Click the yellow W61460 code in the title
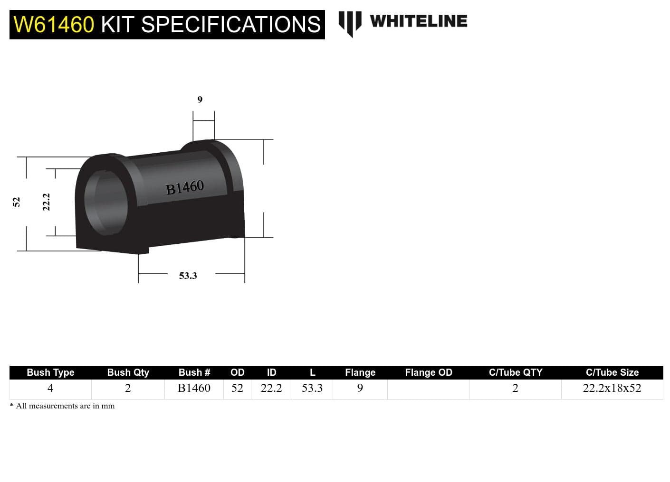pyautogui.click(x=54, y=25)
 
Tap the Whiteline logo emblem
pyautogui.click(x=350, y=23)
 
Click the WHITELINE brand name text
pyautogui.click(x=418, y=21)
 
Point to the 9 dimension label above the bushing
pyautogui.click(x=200, y=100)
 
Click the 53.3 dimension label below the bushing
pyautogui.click(x=188, y=276)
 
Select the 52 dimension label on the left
pyautogui.click(x=16, y=202)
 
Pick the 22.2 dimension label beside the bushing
pyautogui.click(x=46, y=202)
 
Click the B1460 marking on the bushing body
pyautogui.click(x=185, y=187)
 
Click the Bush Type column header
pyautogui.click(x=50, y=372)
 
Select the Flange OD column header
pyautogui.click(x=428, y=372)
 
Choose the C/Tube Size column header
pyautogui.click(x=612, y=372)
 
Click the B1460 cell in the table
pyautogui.click(x=194, y=388)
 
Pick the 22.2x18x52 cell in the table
pyautogui.click(x=612, y=388)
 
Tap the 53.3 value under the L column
pyautogui.click(x=312, y=388)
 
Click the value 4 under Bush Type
pyautogui.click(x=50, y=388)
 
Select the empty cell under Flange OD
pyautogui.click(x=428, y=389)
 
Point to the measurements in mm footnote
pyautogui.click(x=62, y=406)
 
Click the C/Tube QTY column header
pyautogui.click(x=515, y=372)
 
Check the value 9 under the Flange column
pyautogui.click(x=360, y=388)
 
